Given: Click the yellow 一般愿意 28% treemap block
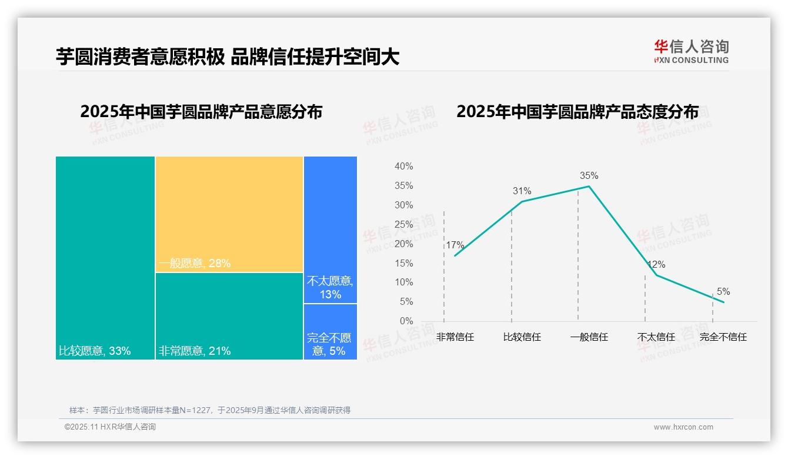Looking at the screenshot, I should coord(229,214).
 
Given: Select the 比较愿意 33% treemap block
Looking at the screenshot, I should coord(105,258).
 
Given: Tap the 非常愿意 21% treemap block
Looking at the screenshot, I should coord(229,316).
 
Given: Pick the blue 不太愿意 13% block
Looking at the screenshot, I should coord(330,229).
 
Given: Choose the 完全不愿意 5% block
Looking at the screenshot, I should coord(330,332).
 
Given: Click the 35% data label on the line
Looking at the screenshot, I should coord(589,175).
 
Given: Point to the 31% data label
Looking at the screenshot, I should coord(522,191).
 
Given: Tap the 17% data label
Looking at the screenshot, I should coord(455,245).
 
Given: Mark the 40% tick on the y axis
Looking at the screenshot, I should coord(403,167).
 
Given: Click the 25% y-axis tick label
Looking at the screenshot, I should coord(403,224).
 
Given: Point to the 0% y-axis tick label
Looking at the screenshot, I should coord(406,321).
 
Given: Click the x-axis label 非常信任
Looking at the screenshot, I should coord(455,337).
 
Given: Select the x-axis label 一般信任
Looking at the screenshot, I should coord(589,337).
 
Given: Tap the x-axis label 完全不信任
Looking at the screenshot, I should coord(723,337).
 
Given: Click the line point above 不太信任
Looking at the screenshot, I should coord(656,275).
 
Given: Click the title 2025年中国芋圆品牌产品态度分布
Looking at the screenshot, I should coord(577,112).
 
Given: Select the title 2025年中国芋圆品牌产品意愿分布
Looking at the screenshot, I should coord(201,112).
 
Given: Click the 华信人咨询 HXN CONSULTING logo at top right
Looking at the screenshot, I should coord(691,52).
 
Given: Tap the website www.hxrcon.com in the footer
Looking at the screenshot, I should coord(683,427).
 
